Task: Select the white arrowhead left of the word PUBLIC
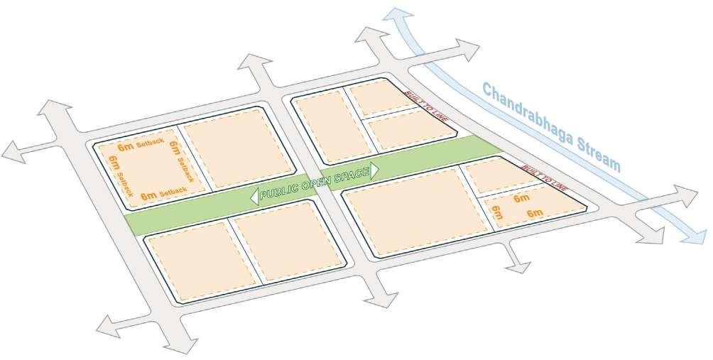pyautogui.click(x=254, y=198)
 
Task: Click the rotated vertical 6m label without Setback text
pyautogui.click(x=496, y=212)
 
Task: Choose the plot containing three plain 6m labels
pyautogui.click(x=529, y=209)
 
